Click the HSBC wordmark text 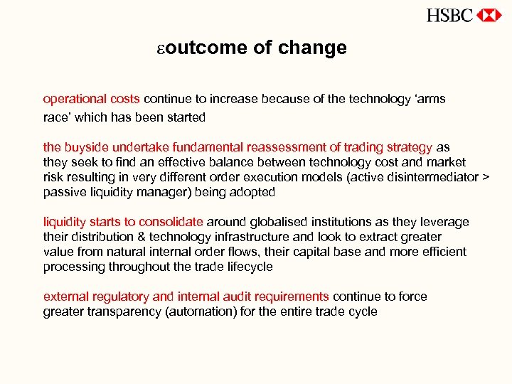click(x=449, y=15)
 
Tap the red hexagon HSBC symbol click(x=489, y=15)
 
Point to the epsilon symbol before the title click(x=161, y=49)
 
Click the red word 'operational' click(x=74, y=99)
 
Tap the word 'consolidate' click(x=171, y=222)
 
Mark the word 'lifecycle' click(x=247, y=267)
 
